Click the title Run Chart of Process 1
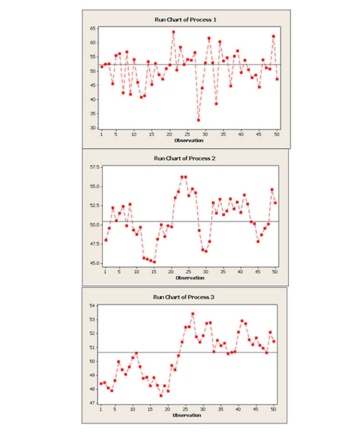coord(185,20)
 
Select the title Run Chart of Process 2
coord(184,158)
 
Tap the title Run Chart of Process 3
coord(184,297)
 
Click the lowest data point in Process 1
coord(198,120)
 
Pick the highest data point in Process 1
coord(173,32)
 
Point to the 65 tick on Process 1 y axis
coord(93,28)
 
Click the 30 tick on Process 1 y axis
coord(93,128)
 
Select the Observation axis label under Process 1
coord(189,141)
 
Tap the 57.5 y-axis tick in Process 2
coord(95,167)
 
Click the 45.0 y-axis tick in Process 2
coord(95,263)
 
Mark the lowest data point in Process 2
coord(154,262)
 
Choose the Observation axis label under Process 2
coord(190,278)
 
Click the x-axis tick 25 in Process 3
coord(185,410)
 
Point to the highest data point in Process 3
coord(193,314)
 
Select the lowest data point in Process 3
coord(161,396)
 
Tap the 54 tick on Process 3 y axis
coord(92,306)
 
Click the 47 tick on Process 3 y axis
coord(92,403)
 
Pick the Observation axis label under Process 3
coord(187,415)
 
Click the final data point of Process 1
coord(277,79)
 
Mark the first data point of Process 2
coord(106,240)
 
